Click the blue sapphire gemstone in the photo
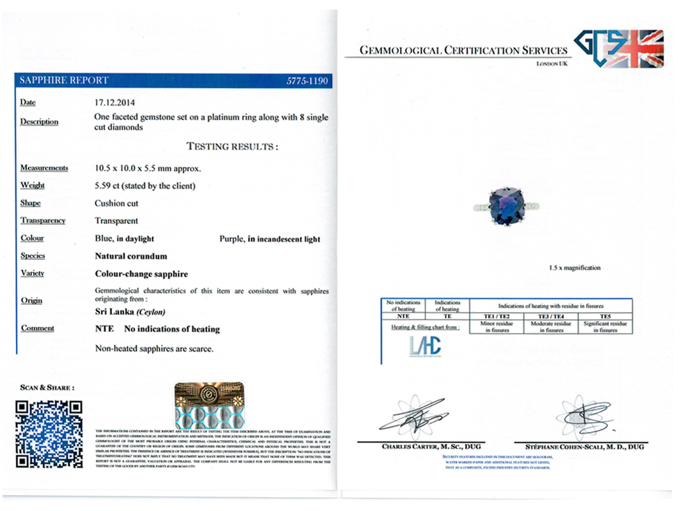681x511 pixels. tap(506, 205)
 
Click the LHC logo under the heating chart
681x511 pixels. tap(425, 345)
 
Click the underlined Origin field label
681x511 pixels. tap(31, 300)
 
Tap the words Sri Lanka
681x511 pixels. tap(114, 312)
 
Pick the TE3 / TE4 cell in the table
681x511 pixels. tap(550, 317)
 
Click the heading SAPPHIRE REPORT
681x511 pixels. tap(64, 81)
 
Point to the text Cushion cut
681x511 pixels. tap(117, 203)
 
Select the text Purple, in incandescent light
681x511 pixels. tap(270, 239)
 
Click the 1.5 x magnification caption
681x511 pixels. tap(574, 268)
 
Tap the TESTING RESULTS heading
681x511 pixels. tap(232, 146)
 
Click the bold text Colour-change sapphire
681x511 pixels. tap(141, 274)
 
